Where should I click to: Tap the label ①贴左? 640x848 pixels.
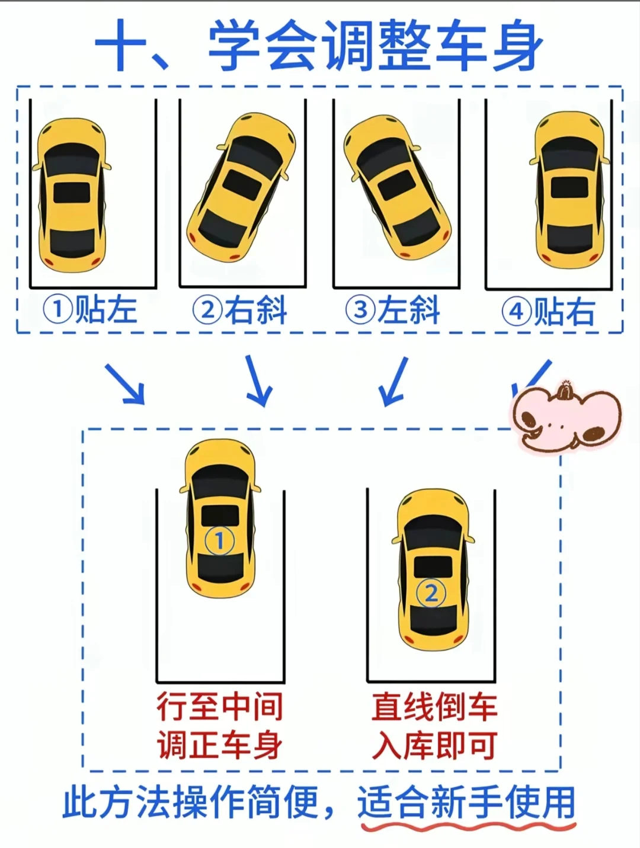pyautogui.click(x=90, y=310)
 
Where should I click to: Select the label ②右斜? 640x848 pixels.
pyautogui.click(x=240, y=310)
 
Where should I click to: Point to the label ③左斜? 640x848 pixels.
pyautogui.click(x=393, y=310)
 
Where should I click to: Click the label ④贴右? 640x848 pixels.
pyautogui.click(x=548, y=311)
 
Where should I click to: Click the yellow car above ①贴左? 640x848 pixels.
pyautogui.click(x=72, y=195)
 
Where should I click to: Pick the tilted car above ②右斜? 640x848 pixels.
pyautogui.click(x=241, y=187)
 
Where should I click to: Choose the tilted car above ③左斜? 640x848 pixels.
pyautogui.click(x=396, y=187)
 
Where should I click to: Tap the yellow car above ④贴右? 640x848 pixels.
pyautogui.click(x=570, y=190)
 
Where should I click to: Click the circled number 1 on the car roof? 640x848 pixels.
pyautogui.click(x=219, y=540)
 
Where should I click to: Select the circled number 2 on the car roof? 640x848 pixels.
pyautogui.click(x=431, y=593)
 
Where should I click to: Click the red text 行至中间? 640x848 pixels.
pyautogui.click(x=220, y=706)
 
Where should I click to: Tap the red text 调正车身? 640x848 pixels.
pyautogui.click(x=220, y=745)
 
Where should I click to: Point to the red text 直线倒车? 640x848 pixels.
pyautogui.click(x=434, y=706)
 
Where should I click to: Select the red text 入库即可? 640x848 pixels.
pyautogui.click(x=434, y=745)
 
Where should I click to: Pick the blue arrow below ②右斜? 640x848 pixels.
pyautogui.click(x=258, y=380)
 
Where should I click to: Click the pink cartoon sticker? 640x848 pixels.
pyautogui.click(x=566, y=418)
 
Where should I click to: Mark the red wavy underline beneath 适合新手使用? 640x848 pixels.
pyautogui.click(x=468, y=825)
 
